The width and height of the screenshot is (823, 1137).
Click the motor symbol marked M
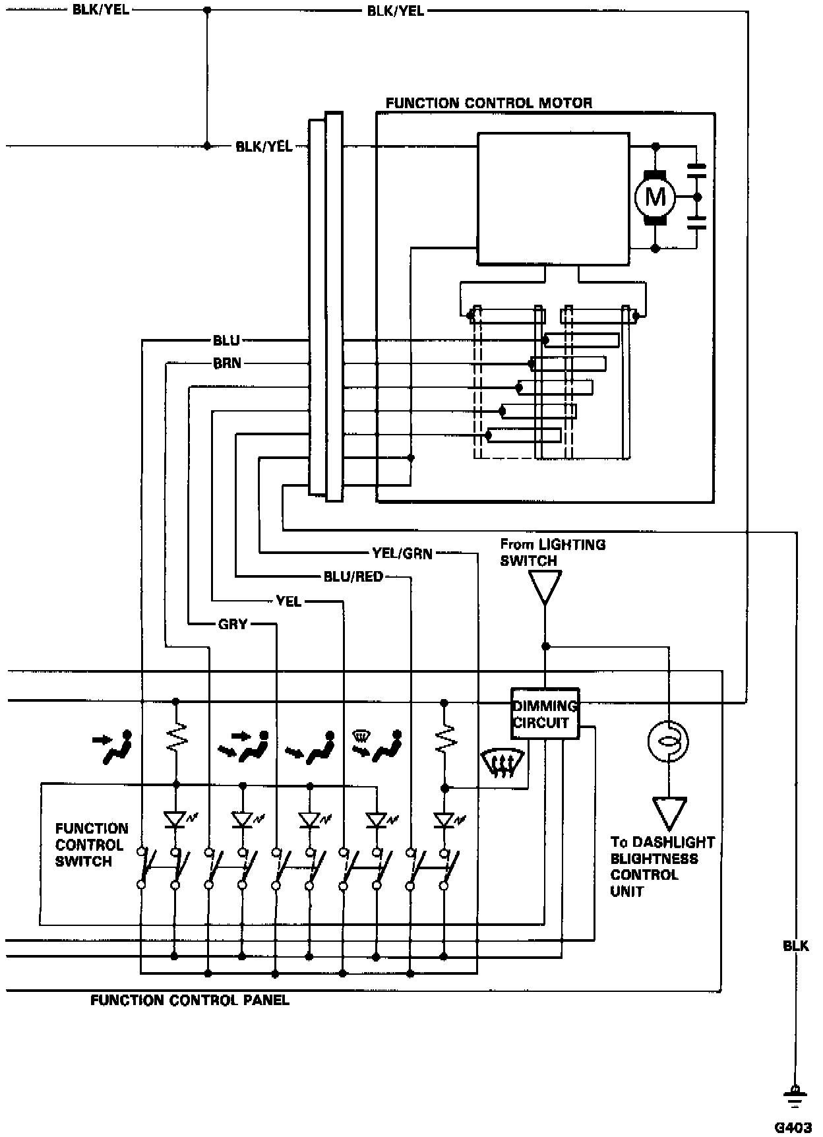(655, 197)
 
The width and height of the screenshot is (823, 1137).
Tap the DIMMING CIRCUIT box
(545, 714)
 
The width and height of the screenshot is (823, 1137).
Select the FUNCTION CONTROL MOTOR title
(489, 103)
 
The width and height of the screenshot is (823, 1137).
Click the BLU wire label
(226, 340)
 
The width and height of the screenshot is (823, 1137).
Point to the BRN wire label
(227, 363)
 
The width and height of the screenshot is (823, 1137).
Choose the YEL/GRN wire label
(402, 553)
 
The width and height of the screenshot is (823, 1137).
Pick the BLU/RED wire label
(353, 577)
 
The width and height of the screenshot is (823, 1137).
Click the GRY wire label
(233, 624)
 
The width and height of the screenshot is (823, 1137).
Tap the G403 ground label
(793, 1127)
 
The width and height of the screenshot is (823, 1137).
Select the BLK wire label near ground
(796, 946)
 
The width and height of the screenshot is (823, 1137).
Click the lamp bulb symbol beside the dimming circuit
(669, 740)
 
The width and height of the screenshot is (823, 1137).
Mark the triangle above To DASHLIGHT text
(669, 814)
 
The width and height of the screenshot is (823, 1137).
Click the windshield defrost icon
(504, 764)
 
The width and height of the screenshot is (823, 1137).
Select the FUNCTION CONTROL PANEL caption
(190, 1000)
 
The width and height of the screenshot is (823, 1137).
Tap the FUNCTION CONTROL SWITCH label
(92, 845)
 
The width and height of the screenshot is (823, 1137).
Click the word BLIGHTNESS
(654, 859)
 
